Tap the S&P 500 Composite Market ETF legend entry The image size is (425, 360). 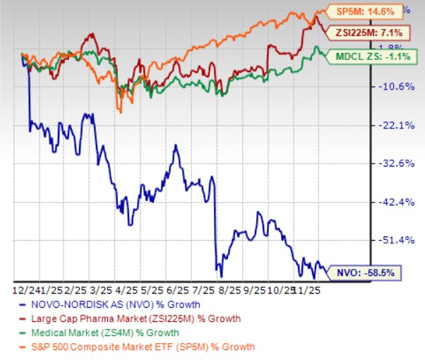[134, 347]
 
